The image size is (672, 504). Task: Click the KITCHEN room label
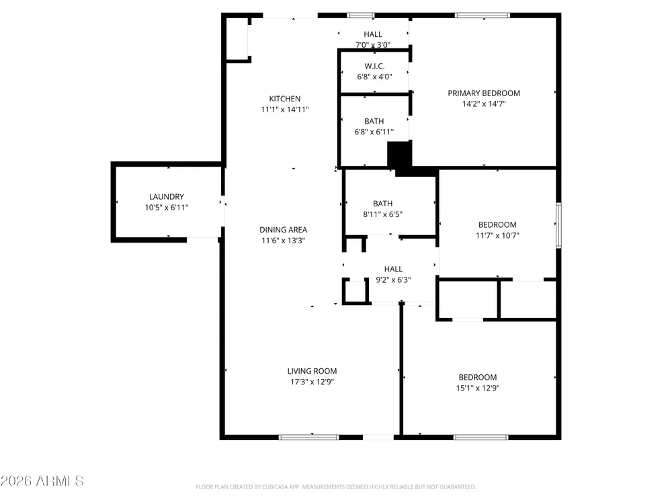pyautogui.click(x=284, y=99)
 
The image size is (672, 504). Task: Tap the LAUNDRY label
pyautogui.click(x=166, y=197)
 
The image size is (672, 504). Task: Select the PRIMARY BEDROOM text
pyautogui.click(x=484, y=93)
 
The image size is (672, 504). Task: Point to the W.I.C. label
pyautogui.click(x=374, y=66)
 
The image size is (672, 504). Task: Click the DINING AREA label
pyautogui.click(x=284, y=230)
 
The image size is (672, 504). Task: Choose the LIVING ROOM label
pyautogui.click(x=312, y=371)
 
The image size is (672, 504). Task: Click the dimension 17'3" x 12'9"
pyautogui.click(x=312, y=382)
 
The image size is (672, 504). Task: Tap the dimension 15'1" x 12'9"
pyautogui.click(x=478, y=388)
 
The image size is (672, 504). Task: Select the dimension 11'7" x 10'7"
pyautogui.click(x=497, y=235)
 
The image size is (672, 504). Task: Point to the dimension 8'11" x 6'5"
pyautogui.click(x=383, y=214)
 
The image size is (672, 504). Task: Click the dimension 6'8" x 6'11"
pyautogui.click(x=374, y=132)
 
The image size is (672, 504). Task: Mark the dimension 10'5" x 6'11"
pyautogui.click(x=166, y=208)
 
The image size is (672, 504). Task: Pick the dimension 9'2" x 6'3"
pyautogui.click(x=393, y=280)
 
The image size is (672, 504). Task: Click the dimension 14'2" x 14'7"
pyautogui.click(x=484, y=103)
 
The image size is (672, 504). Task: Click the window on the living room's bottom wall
pyautogui.click(x=308, y=437)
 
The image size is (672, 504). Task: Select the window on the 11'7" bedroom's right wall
pyautogui.click(x=558, y=225)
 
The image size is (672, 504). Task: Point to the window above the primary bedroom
pyautogui.click(x=482, y=15)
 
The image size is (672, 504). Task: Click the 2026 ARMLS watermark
pyautogui.click(x=42, y=481)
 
